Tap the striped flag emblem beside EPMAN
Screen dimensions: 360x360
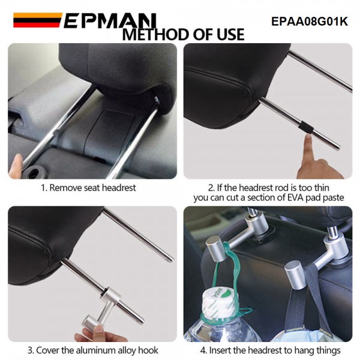(x=37, y=20)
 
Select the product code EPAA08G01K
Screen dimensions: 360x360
(x=309, y=21)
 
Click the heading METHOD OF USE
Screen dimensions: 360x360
(x=183, y=35)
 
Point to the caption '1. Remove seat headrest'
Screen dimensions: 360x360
(x=88, y=188)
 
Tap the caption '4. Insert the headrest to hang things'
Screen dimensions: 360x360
(x=270, y=350)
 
